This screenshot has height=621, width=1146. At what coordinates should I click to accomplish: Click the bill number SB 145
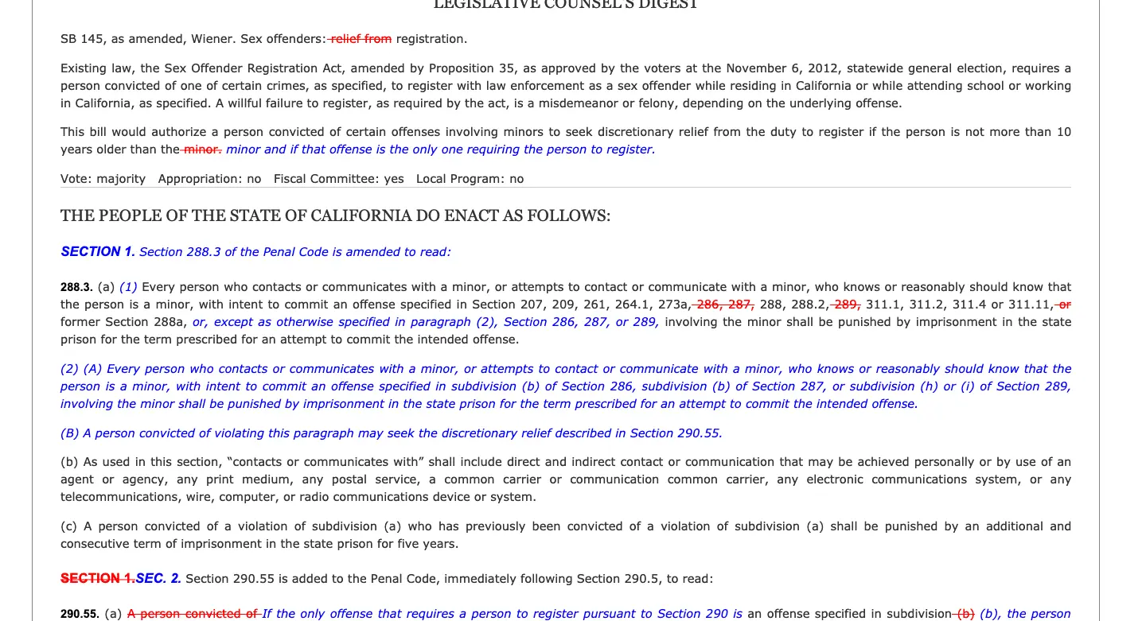point(79,39)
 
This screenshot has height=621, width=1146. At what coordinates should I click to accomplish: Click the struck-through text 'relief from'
point(361,39)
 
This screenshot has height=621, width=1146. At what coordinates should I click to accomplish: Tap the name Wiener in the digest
point(215,39)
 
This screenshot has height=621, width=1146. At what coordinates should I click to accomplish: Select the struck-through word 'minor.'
point(203,149)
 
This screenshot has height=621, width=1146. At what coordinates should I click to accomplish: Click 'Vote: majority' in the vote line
point(103,179)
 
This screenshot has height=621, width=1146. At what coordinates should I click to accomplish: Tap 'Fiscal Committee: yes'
point(338,179)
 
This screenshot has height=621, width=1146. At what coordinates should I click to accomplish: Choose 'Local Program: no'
point(470,179)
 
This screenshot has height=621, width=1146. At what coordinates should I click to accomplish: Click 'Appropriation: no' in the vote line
point(209,179)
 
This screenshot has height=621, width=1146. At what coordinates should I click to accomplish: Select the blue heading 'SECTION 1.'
point(97,252)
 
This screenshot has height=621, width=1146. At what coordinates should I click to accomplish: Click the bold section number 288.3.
point(76,287)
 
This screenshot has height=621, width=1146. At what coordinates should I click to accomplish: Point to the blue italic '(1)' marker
point(128,287)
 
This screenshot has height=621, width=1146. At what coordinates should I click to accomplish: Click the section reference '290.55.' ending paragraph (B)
point(699,433)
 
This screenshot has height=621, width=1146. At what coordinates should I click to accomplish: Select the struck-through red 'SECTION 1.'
point(97,579)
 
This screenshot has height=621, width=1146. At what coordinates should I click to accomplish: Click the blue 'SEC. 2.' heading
point(158,579)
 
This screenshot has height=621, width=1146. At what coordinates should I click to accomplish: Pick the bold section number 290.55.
point(80,614)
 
